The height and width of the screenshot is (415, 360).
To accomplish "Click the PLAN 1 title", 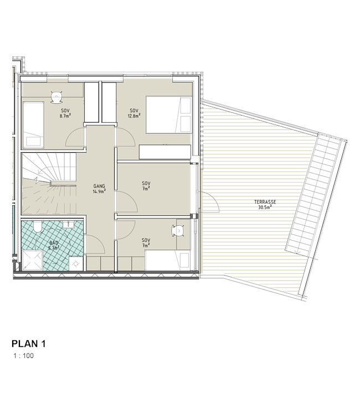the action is [29, 344].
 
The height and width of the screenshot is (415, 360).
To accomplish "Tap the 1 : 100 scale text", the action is [24, 356].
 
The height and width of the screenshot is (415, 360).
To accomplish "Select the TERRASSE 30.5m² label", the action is [265, 205].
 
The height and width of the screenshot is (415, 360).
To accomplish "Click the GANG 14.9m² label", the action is [99, 189].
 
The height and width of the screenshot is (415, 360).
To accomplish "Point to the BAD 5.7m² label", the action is [54, 245].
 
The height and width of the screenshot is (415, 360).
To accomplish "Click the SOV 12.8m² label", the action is [134, 113].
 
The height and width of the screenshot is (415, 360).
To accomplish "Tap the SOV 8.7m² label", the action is [65, 113].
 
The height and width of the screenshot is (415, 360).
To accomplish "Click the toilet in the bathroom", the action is [37, 227].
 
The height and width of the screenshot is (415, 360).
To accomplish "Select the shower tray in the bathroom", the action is [32, 260].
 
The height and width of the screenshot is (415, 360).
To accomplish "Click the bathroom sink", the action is [70, 225].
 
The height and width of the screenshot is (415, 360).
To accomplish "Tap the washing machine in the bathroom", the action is [76, 263].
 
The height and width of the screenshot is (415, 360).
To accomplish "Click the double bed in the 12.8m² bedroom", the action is [168, 115].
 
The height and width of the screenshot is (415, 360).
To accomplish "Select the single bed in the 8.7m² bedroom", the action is [33, 124].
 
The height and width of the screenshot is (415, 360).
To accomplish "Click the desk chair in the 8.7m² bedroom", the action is [56, 97].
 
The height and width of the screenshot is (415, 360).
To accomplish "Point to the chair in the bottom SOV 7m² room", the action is [178, 231].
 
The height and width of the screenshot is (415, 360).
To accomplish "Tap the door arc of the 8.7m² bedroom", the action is [71, 133].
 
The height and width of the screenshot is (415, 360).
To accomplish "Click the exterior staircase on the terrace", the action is [316, 195].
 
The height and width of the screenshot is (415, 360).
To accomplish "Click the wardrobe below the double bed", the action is [164, 152].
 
